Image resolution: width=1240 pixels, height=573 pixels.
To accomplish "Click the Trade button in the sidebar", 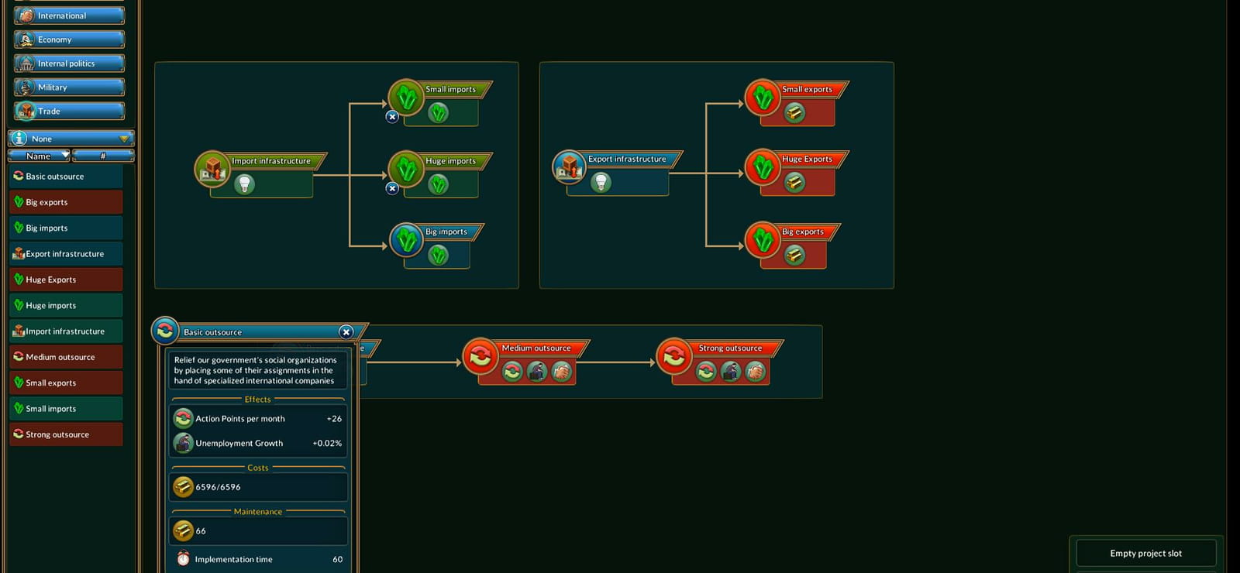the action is coord(69,112).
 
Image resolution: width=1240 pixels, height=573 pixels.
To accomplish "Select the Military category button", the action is coord(69,87).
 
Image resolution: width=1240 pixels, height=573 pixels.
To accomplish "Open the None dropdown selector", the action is coord(71,139).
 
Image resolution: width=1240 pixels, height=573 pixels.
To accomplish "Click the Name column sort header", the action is coord(39,156).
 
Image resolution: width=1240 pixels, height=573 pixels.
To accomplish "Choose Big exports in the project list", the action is coord(66,202).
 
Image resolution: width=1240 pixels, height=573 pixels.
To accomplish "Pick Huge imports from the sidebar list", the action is coord(66,305).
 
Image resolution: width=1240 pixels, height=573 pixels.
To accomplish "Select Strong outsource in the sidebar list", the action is coord(66,434).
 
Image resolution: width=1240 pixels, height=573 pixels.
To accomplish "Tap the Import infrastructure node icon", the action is coord(212,169).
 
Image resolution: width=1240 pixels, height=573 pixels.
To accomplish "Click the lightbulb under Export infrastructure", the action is coord(601,182).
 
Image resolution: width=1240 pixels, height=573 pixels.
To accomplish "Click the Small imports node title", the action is coord(450,89).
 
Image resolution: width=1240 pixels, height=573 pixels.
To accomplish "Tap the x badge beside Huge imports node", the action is coord(392,189).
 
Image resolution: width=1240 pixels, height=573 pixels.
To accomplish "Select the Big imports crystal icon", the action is coord(407,240).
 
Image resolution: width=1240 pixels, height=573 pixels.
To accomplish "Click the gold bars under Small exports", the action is coord(794,113).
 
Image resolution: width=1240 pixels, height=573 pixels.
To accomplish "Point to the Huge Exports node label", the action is coord(807,160).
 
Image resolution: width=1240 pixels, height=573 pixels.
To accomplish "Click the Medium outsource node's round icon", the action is coord(480,356).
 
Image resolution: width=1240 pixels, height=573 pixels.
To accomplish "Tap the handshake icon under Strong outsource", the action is coord(755,372).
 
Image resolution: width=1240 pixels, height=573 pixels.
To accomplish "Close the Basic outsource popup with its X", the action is coord(346,332).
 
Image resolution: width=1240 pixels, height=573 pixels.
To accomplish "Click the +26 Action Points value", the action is coord(334,419).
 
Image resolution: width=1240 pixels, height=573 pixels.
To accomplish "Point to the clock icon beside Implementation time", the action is coord(183,558).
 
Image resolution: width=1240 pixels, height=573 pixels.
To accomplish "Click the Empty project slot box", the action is coord(1146,553).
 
